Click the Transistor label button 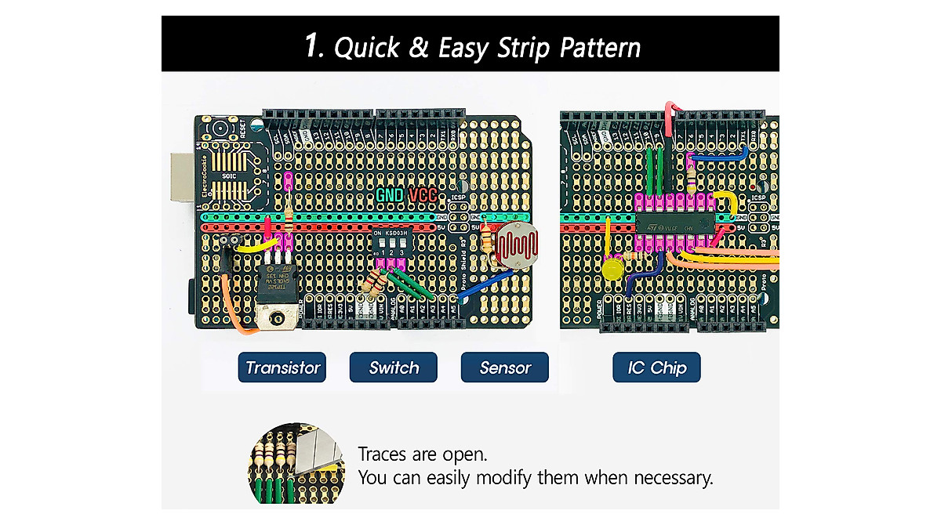(x=282, y=367)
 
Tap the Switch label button (x=394, y=367)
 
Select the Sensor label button (x=505, y=367)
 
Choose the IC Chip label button (x=657, y=367)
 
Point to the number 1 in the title (x=313, y=47)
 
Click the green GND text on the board (x=390, y=195)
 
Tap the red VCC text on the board (x=423, y=195)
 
